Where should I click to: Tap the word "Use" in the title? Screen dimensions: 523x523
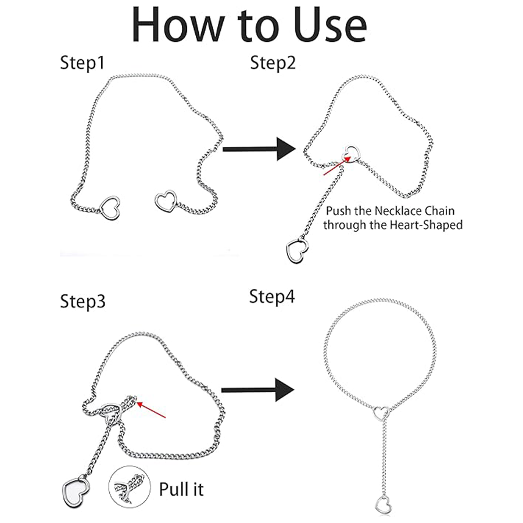[x=331, y=26]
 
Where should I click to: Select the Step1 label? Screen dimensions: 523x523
[x=83, y=63]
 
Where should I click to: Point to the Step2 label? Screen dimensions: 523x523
[x=273, y=63]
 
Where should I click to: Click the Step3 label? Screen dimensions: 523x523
[x=83, y=301]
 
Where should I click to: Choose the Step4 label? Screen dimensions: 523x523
[x=272, y=296]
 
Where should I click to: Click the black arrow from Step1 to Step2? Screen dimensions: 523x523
[x=259, y=149]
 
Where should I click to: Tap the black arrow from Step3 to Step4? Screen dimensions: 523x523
[x=257, y=390]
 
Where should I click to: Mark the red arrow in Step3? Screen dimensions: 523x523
[x=151, y=410]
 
